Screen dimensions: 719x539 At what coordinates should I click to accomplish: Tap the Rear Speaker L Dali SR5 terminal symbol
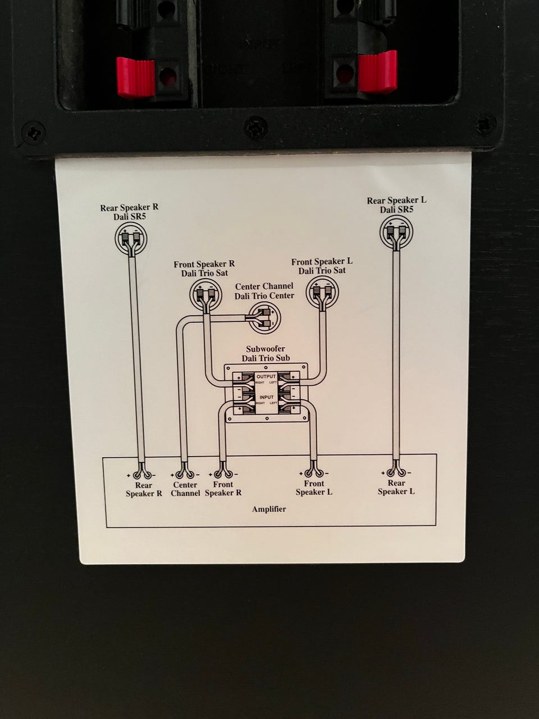pyautogui.click(x=397, y=231)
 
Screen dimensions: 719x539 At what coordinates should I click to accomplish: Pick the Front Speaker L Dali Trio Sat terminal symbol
pyautogui.click(x=321, y=291)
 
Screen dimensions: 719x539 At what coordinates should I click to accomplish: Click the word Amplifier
pyautogui.click(x=269, y=509)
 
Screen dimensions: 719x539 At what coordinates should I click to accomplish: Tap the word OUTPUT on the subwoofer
pyautogui.click(x=266, y=376)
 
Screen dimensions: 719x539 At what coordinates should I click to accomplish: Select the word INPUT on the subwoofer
pyautogui.click(x=266, y=397)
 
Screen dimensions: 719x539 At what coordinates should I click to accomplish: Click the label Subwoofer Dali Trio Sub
pyautogui.click(x=266, y=353)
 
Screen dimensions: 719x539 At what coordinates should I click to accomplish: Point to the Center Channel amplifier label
pyautogui.click(x=185, y=489)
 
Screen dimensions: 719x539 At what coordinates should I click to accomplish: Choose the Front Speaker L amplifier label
pyautogui.click(x=314, y=488)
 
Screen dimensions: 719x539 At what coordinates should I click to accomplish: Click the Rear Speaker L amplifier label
pyautogui.click(x=396, y=487)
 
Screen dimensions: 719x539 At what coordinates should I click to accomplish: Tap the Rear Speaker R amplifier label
pyautogui.click(x=144, y=489)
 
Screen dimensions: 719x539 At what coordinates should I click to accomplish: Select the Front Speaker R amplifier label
pyautogui.click(x=223, y=488)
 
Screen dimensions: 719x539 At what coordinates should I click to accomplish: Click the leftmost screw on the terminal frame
pyautogui.click(x=32, y=134)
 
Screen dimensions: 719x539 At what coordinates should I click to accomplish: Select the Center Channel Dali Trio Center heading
pyautogui.click(x=264, y=290)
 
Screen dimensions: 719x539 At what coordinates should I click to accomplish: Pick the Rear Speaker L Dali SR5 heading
pyautogui.click(x=396, y=204)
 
